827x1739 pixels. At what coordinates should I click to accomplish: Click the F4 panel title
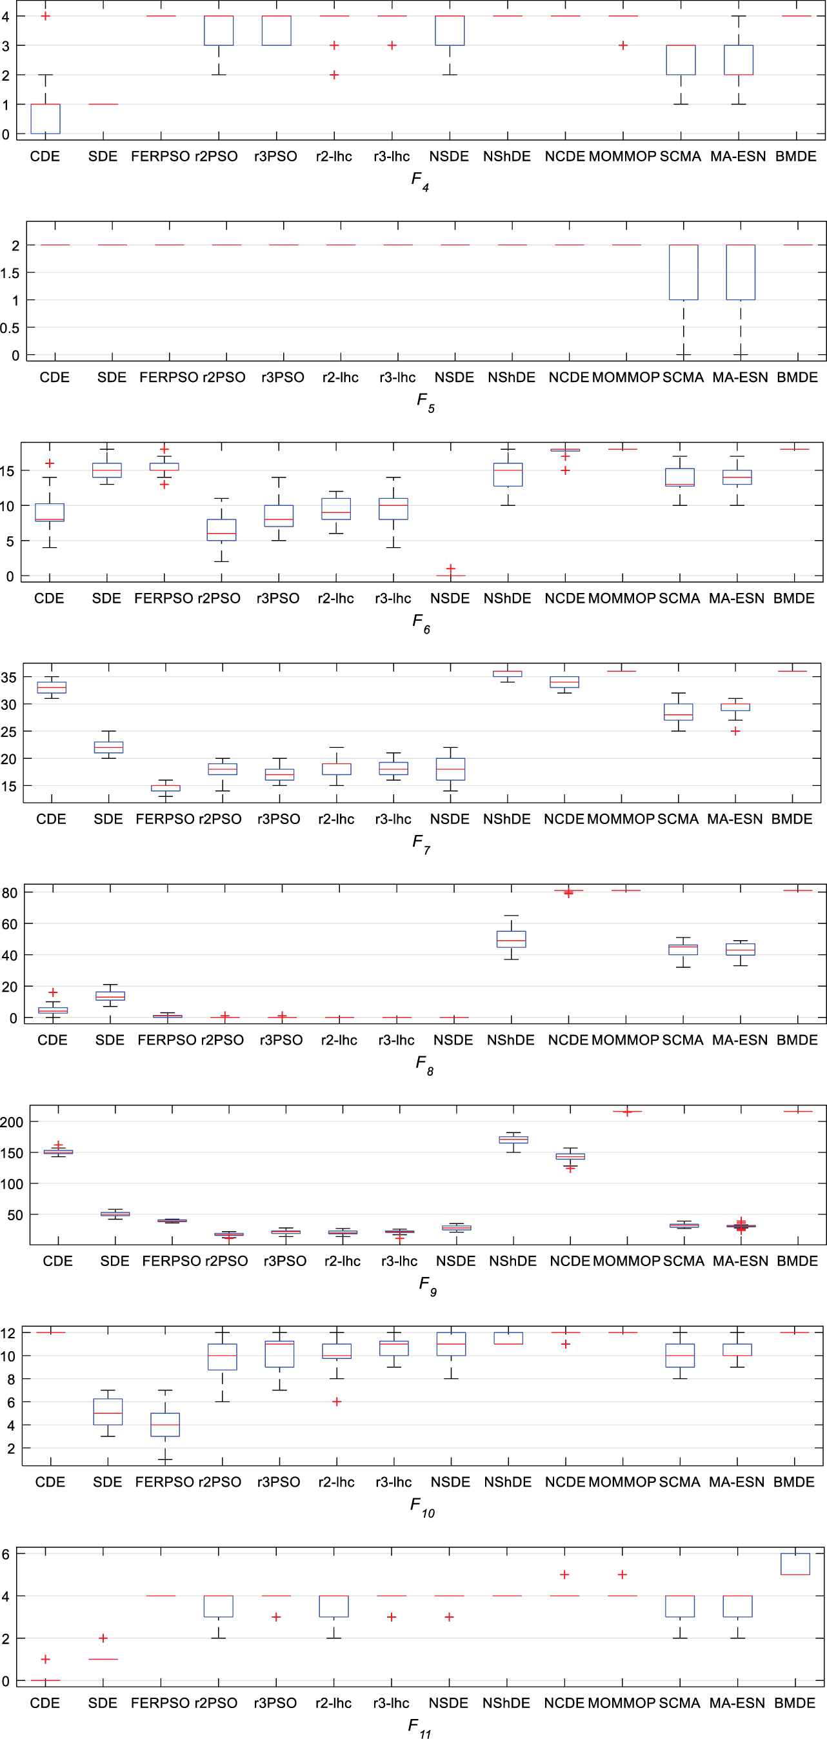[x=420, y=181]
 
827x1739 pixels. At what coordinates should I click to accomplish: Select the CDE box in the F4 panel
[x=45, y=119]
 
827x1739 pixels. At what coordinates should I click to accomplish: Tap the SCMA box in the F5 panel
[x=683, y=272]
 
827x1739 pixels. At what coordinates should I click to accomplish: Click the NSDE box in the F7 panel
[x=450, y=769]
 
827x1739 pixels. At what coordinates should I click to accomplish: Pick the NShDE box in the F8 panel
[x=511, y=939]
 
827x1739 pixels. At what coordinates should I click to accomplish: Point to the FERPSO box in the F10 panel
[x=165, y=1424]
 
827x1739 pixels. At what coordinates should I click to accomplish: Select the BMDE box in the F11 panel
[x=795, y=1563]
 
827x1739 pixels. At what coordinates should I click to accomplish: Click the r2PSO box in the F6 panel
[x=220, y=530]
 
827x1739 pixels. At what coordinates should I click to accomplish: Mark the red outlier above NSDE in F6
[x=451, y=569]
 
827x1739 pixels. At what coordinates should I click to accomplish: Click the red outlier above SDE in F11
[x=103, y=1638]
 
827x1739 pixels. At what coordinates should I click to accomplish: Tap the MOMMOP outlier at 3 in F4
[x=623, y=45]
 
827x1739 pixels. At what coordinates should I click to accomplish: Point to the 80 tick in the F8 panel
[x=10, y=892]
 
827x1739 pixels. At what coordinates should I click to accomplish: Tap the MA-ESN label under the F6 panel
[x=737, y=598]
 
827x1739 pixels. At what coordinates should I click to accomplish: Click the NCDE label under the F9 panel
[x=570, y=1261]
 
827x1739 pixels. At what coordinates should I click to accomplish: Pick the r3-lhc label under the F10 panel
[x=394, y=1482]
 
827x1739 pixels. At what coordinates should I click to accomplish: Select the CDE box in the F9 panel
[x=58, y=1152]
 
